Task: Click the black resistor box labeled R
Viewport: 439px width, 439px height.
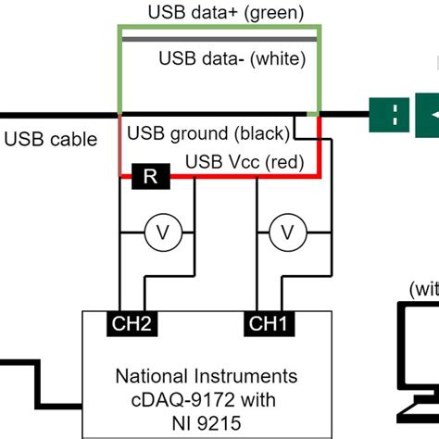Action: click(x=149, y=176)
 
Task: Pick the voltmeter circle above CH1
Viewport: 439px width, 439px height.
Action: click(x=288, y=232)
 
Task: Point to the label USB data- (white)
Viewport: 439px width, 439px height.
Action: click(x=232, y=59)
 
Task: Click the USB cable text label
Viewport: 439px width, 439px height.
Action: click(x=50, y=140)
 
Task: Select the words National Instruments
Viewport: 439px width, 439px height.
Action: click(x=207, y=376)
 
